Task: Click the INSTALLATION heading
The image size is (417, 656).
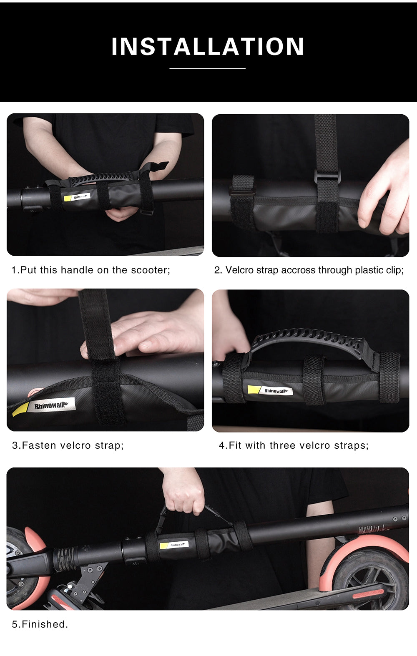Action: point(208,46)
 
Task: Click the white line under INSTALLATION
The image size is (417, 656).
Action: point(207,68)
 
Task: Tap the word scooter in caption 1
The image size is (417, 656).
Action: point(149,270)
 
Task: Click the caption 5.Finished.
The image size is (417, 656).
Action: point(40,624)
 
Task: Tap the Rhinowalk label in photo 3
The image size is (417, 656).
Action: point(49,405)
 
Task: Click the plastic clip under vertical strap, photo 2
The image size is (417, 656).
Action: point(327,176)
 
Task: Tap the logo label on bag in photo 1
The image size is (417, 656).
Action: point(78,196)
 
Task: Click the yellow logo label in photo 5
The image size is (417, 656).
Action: point(174,545)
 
